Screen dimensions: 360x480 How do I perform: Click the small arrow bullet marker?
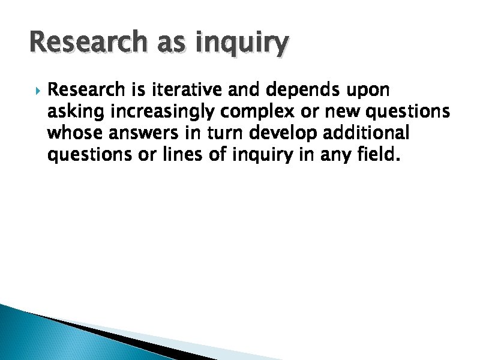click(x=37, y=91)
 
